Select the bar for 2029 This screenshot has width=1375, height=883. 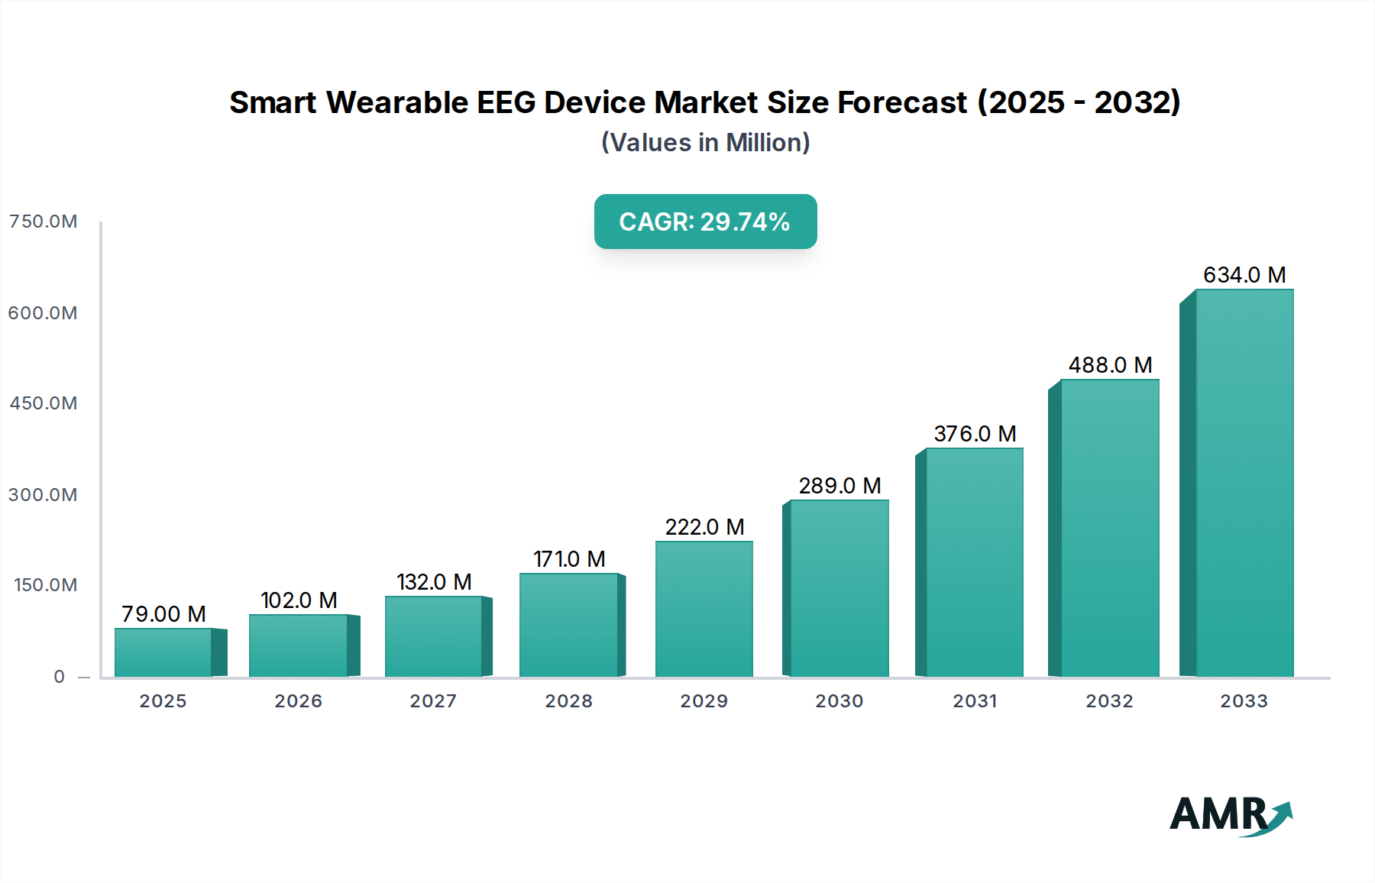point(704,609)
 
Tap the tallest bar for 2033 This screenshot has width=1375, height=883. point(1244,483)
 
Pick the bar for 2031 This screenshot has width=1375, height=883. point(974,562)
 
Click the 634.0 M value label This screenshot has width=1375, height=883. point(1244,275)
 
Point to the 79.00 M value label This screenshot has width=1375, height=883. point(163,614)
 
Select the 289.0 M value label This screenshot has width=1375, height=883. point(840,486)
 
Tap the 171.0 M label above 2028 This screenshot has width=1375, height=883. point(569,559)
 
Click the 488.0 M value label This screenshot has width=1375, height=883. point(1109,365)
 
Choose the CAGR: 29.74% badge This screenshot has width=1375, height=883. point(705,222)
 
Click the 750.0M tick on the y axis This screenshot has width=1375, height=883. point(44,222)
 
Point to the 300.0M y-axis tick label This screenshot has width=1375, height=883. point(44,495)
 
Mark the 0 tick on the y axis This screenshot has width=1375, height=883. point(60,677)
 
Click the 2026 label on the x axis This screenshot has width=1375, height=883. point(298,701)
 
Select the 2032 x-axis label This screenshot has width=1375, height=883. point(1109,701)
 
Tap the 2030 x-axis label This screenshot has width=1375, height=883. point(839,701)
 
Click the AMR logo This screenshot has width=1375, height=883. point(1230,815)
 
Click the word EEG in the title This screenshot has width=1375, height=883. point(506,102)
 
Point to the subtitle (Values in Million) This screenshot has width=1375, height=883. point(705,143)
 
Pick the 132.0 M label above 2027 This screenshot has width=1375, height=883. point(434,582)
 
